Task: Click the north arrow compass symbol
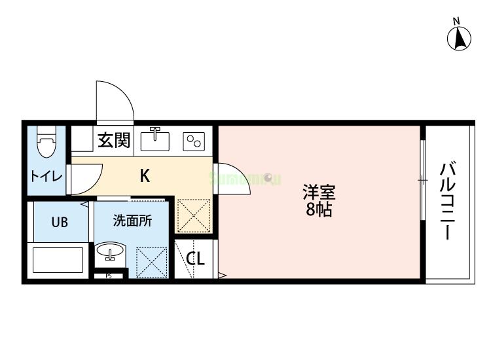(460, 37)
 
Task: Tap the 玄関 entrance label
(113, 140)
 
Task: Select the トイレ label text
(46, 177)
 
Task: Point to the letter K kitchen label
(145, 175)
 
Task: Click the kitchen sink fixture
(155, 139)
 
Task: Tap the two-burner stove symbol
(194, 140)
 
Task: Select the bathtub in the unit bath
(59, 260)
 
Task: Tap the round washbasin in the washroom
(111, 252)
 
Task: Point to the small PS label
(109, 276)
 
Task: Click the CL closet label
(195, 259)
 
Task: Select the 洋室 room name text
(319, 193)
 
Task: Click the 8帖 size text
(319, 210)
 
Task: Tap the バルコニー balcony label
(448, 200)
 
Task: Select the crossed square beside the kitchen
(194, 215)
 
